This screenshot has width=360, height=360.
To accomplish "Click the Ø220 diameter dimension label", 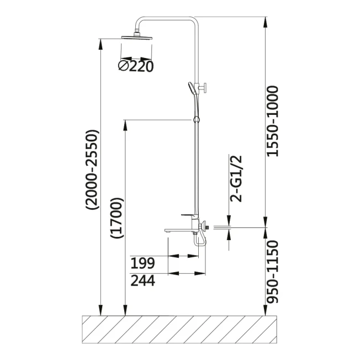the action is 135,67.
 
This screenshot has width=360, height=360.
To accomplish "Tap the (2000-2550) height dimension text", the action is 92,170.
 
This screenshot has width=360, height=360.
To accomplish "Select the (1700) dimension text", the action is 117,218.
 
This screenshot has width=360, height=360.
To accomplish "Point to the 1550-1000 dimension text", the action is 272,121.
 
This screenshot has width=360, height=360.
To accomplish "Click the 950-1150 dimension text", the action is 272,272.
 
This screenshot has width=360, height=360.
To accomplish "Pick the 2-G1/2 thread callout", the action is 236,179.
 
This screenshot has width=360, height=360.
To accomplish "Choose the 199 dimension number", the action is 142,263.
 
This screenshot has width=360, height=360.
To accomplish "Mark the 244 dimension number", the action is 142,280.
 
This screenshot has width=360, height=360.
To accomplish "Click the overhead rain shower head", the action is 137,37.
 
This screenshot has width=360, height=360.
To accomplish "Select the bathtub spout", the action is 179,230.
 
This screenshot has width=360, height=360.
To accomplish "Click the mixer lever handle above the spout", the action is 188,215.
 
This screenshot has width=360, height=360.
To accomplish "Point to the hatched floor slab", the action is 179,330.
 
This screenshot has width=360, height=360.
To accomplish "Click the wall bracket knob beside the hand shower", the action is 203,87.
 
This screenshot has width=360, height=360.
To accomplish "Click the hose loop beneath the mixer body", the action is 199,240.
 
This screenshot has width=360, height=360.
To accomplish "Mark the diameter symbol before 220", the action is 123,67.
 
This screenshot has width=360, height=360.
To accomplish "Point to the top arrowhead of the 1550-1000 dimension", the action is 266,22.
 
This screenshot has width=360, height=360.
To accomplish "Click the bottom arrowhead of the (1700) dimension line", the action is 125,310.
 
